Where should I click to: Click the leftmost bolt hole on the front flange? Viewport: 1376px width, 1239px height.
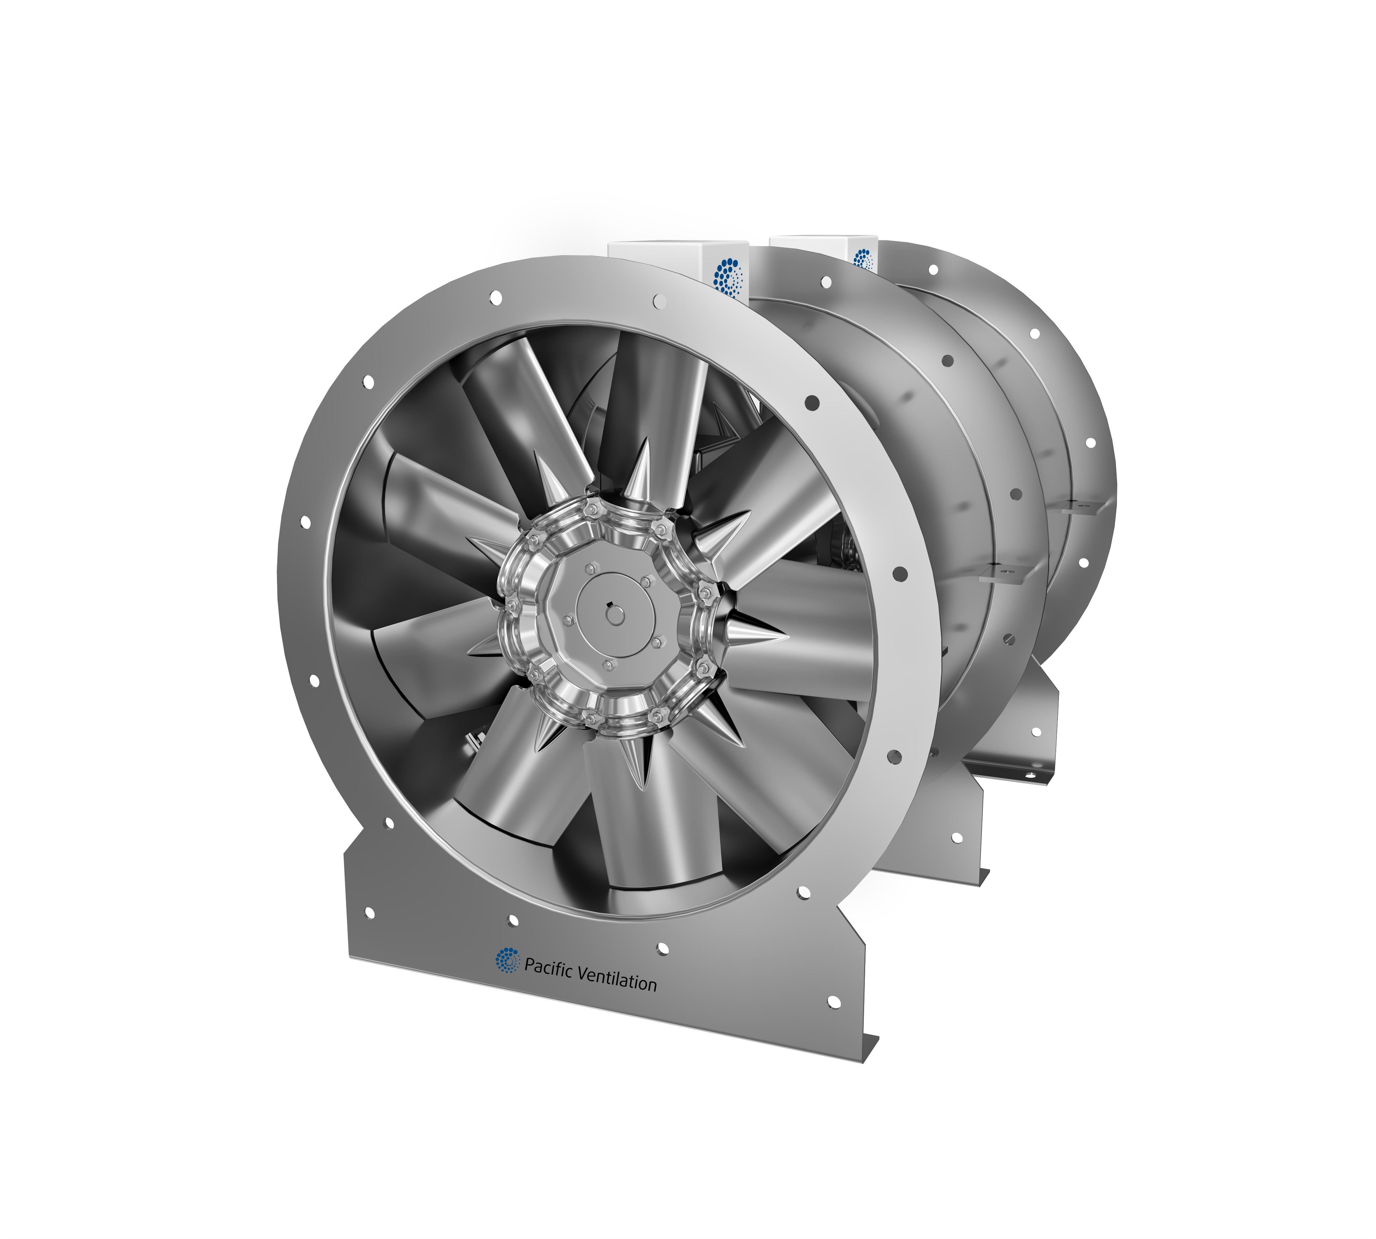coord(305,522)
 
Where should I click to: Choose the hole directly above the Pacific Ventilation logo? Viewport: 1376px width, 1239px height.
coord(513,921)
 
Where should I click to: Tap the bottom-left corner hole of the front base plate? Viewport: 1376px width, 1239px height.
coord(370,912)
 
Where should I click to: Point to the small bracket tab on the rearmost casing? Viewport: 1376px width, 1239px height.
coord(1079,504)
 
